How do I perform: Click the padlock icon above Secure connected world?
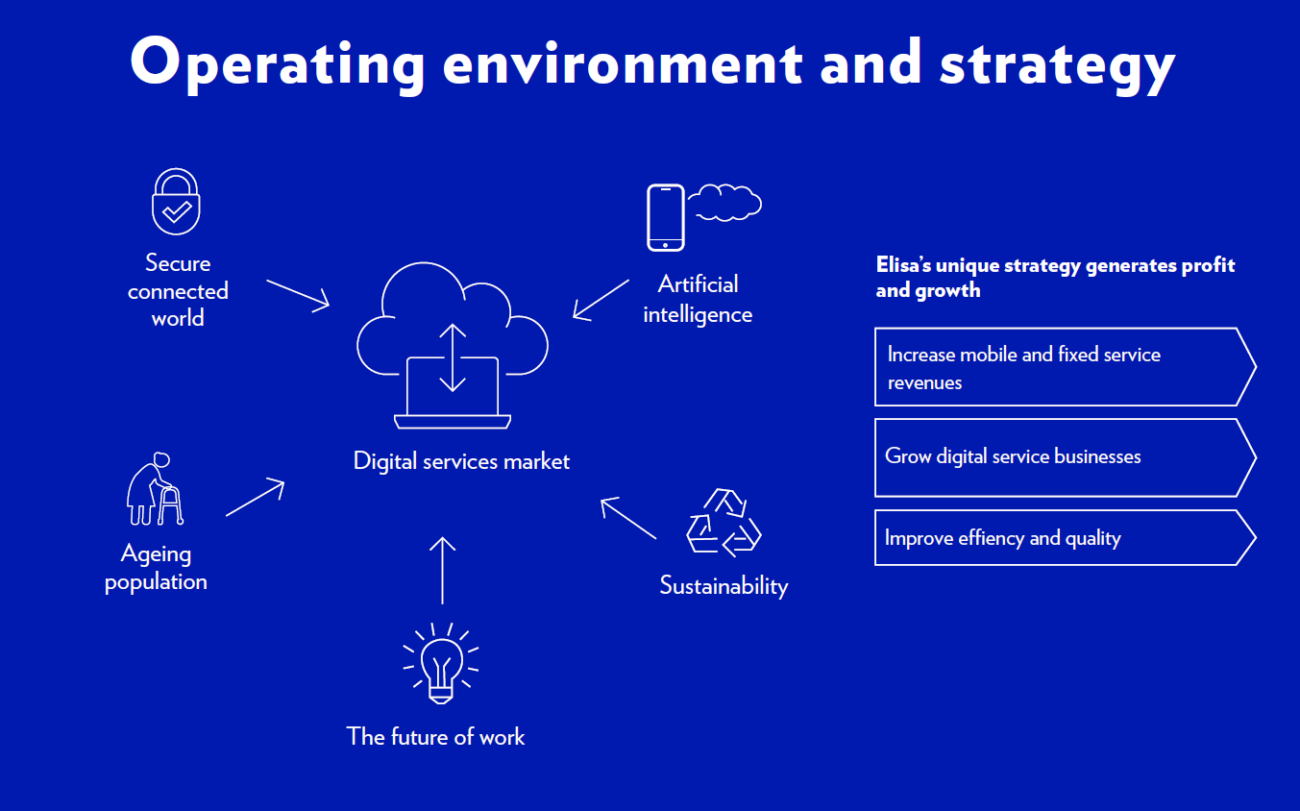pyautogui.click(x=176, y=202)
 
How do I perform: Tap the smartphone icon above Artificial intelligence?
pyautogui.click(x=666, y=218)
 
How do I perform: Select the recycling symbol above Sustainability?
pyautogui.click(x=724, y=523)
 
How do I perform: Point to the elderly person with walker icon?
pyautogui.click(x=155, y=489)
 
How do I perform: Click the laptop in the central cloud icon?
pyautogui.click(x=453, y=393)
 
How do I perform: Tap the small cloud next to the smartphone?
pyautogui.click(x=724, y=203)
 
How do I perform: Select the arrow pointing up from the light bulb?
pyautogui.click(x=442, y=571)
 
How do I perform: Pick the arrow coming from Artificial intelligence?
pyautogui.click(x=601, y=300)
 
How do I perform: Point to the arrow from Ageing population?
pyautogui.click(x=256, y=497)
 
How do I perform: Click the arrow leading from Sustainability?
pyautogui.click(x=628, y=518)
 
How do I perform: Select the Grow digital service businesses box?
pyautogui.click(x=1066, y=457)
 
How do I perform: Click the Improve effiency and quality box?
pyautogui.click(x=1066, y=537)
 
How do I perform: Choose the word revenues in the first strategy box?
pyautogui.click(x=924, y=383)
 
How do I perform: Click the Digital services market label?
pyautogui.click(x=461, y=461)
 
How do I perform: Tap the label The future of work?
pyautogui.click(x=435, y=737)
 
